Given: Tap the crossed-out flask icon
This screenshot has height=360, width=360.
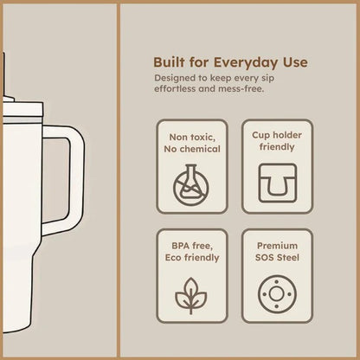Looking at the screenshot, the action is point(191,185).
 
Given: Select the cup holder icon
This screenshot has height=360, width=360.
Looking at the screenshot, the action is point(277,183).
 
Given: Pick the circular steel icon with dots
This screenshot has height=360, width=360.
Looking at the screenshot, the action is point(277,294).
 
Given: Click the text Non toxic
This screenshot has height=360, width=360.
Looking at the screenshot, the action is point(192,138).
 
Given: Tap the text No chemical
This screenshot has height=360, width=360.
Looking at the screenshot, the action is point(192,149).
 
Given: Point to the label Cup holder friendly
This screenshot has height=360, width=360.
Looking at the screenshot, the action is point(277,141).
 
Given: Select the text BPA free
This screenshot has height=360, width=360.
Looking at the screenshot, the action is point(192,246).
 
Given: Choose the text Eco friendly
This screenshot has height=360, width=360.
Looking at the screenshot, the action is point(192,258).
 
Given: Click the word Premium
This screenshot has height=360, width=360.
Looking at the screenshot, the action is point(277,246).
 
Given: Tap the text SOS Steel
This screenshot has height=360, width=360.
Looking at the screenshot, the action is point(277,258).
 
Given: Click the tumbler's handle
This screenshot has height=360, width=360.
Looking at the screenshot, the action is point(76,179).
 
